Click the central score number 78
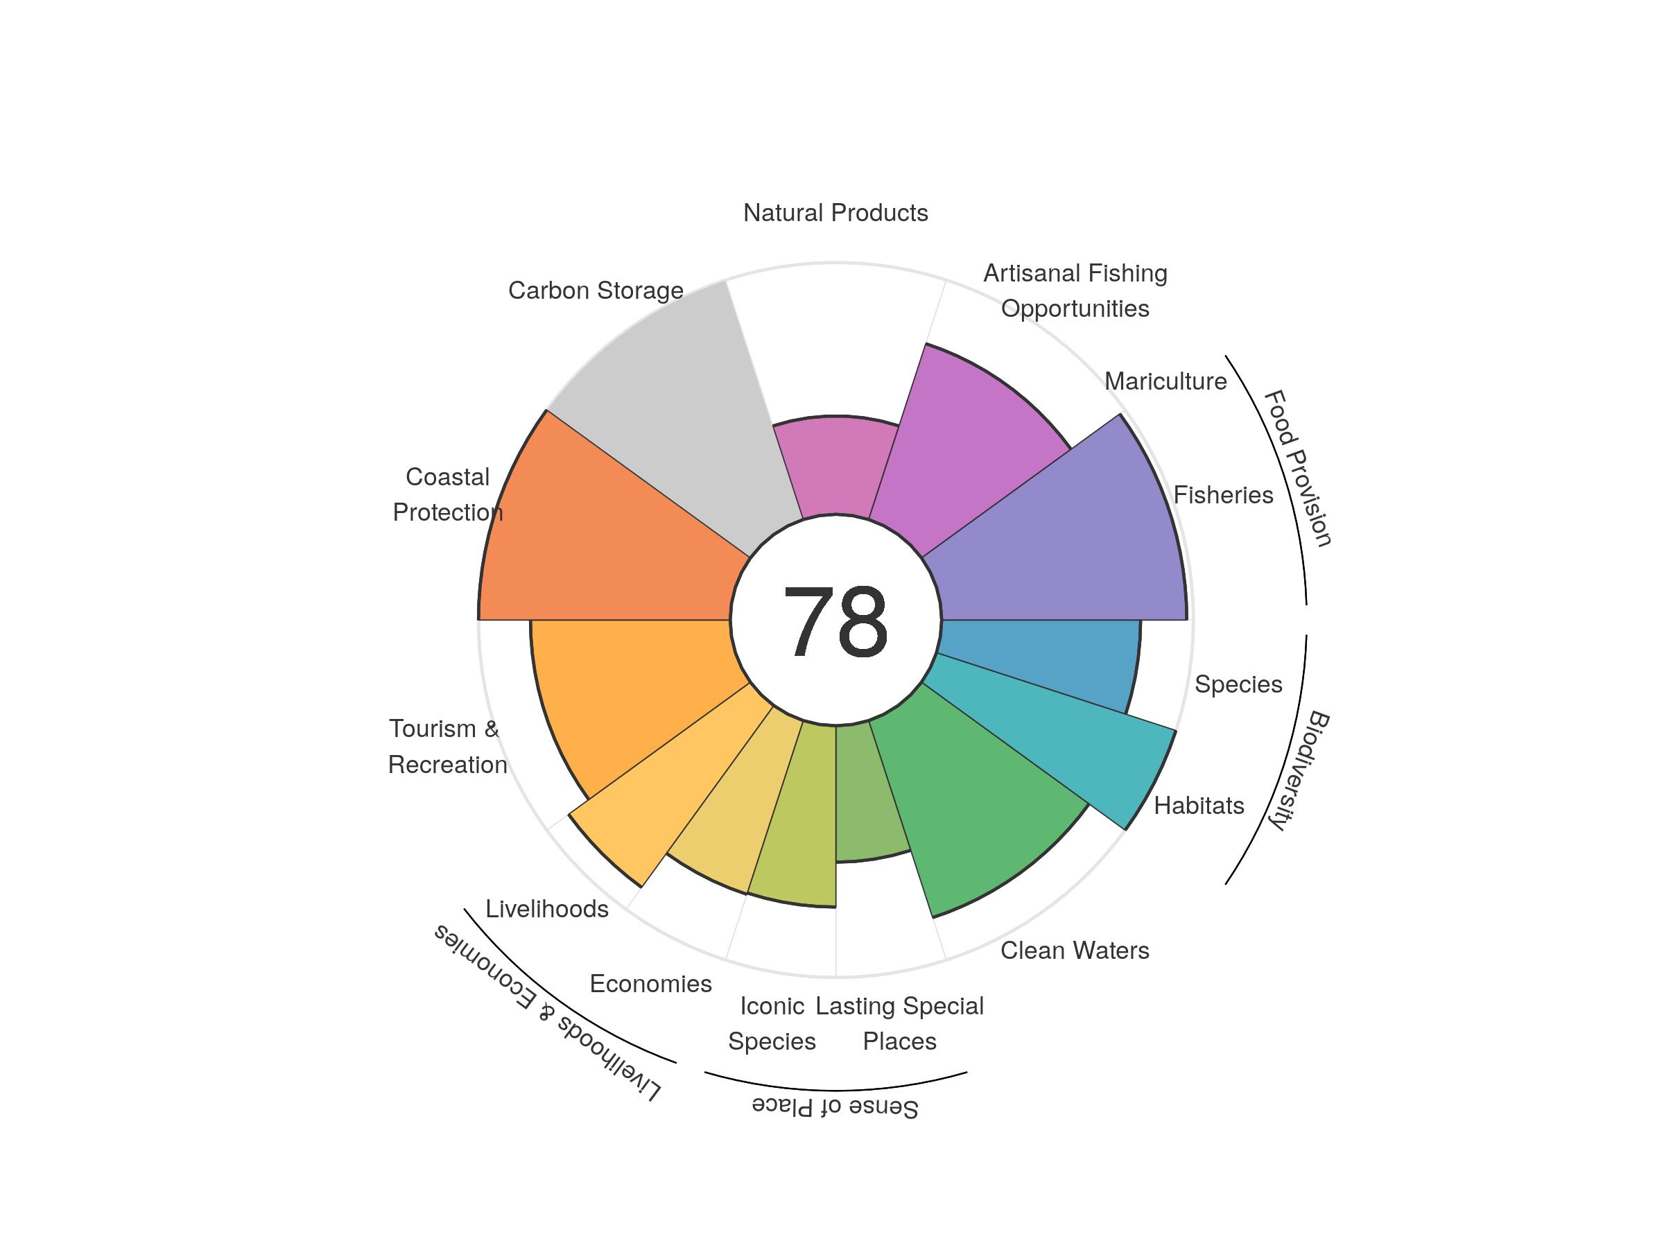coord(835,621)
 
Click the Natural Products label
coord(835,213)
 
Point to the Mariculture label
coord(1165,381)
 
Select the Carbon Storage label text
coord(596,291)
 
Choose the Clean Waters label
coord(1074,950)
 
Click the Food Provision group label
coord(1298,468)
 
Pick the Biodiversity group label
coord(1300,770)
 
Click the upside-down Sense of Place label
coord(835,1107)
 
